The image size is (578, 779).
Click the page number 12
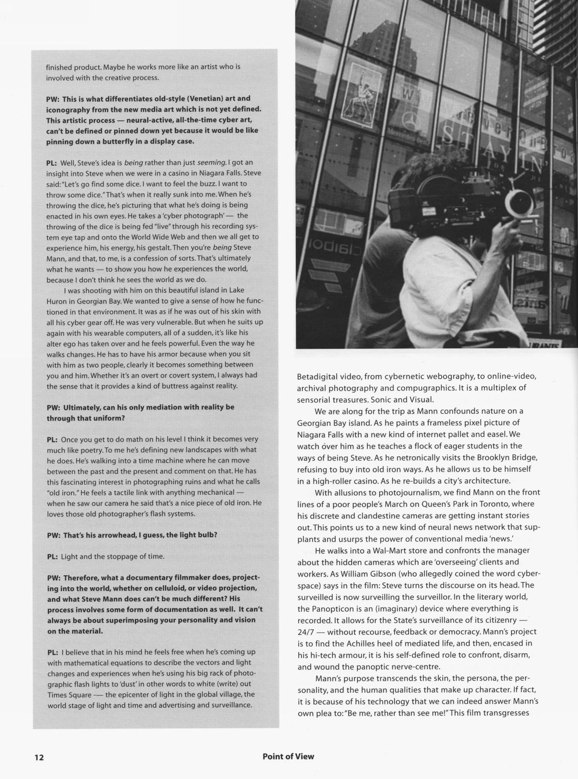tap(39, 757)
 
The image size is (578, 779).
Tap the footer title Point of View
tap(288, 756)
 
